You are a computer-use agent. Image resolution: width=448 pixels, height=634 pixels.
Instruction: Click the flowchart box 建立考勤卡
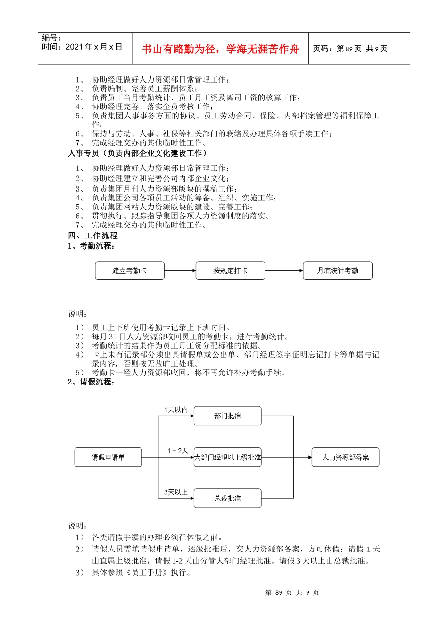click(x=130, y=271)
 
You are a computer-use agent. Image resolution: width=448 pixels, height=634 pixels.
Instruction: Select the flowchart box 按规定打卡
click(x=230, y=271)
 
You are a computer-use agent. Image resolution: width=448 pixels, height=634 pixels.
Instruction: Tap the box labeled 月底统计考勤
click(x=338, y=271)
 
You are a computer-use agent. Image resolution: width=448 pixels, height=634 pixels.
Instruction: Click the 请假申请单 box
click(x=108, y=457)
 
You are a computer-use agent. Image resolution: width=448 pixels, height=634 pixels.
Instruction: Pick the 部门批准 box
click(x=227, y=416)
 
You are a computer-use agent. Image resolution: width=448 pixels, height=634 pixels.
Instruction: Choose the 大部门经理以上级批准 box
click(x=228, y=457)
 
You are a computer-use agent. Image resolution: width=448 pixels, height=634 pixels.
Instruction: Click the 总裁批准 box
click(x=227, y=498)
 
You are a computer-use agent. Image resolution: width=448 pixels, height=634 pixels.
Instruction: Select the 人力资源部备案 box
click(x=345, y=457)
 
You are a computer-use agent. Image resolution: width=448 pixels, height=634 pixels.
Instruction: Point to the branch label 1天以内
click(x=176, y=410)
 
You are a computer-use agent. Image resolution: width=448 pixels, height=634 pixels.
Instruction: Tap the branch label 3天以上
click(x=176, y=492)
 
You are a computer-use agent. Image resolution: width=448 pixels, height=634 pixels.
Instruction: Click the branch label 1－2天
click(x=178, y=451)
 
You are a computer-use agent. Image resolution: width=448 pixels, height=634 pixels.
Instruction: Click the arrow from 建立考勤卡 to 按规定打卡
click(x=180, y=271)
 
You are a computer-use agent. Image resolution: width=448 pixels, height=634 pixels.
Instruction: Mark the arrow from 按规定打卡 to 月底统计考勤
click(x=284, y=271)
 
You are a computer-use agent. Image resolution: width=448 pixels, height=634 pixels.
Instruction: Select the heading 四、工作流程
click(x=93, y=235)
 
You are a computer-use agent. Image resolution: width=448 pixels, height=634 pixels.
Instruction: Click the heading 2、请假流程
click(x=91, y=382)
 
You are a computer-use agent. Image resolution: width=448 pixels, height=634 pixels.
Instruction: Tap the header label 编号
click(x=51, y=38)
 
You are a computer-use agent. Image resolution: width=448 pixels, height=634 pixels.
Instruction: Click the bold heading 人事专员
click(x=83, y=153)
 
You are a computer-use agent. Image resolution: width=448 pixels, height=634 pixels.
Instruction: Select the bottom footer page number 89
click(x=279, y=592)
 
